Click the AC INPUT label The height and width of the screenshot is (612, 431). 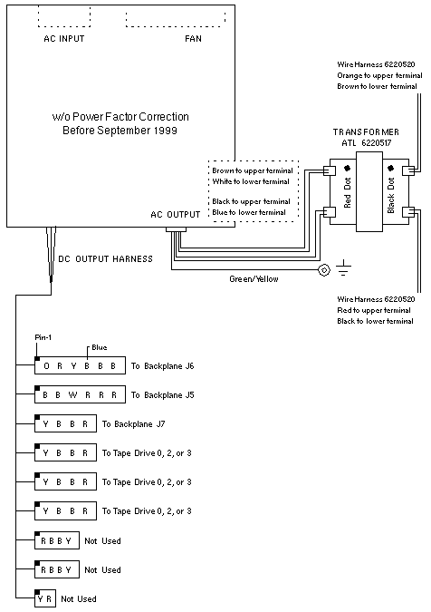point(64,39)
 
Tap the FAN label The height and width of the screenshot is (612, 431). point(193,39)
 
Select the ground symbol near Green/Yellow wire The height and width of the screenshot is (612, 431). point(343,267)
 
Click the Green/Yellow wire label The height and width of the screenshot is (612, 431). point(254,279)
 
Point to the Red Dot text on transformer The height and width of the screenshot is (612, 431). point(348,192)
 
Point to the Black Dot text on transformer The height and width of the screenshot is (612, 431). point(391,195)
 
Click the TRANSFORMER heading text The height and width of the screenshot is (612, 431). point(366,132)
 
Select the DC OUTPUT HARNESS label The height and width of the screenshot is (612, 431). point(105,258)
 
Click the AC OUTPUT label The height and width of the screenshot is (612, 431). point(176,215)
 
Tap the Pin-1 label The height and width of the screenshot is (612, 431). point(43,337)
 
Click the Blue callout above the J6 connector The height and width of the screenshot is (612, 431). point(100,347)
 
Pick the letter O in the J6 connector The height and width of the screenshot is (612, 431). point(47,366)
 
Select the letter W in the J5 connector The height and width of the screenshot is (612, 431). point(72,395)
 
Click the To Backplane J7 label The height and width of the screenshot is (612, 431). point(134,424)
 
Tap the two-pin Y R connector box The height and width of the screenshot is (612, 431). point(45,598)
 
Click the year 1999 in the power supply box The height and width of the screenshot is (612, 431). point(165,130)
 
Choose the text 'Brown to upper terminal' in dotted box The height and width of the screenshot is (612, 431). point(253,170)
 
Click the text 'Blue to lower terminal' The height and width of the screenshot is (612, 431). point(249,212)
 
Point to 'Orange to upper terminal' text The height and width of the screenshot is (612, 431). point(379,75)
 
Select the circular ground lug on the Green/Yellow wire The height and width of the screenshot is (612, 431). point(324,269)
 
